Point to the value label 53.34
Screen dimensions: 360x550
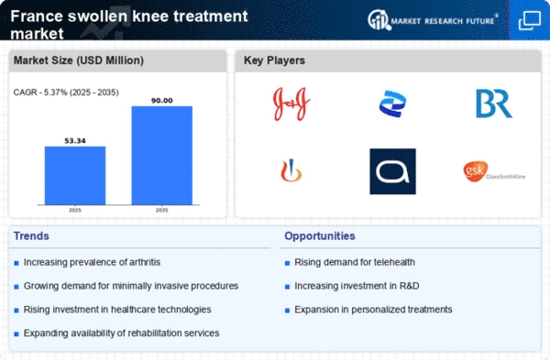point(74,140)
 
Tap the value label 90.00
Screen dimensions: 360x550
point(161,100)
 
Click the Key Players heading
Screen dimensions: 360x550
point(274,60)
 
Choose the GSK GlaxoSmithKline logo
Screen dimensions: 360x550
point(493,170)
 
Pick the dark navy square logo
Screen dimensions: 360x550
point(392,171)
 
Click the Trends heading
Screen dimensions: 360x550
point(32,235)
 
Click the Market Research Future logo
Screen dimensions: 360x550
point(435,19)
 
